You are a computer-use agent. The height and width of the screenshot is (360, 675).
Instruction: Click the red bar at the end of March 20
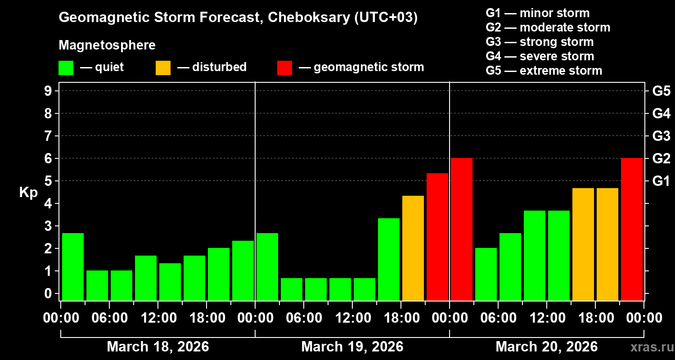click(631, 229)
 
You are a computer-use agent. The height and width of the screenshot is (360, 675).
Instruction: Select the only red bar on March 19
click(437, 237)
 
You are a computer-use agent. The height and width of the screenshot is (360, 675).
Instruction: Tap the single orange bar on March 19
click(413, 248)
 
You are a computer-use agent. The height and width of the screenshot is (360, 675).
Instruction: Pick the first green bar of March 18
click(73, 266)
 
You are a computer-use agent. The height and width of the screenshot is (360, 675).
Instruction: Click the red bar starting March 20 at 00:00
click(462, 229)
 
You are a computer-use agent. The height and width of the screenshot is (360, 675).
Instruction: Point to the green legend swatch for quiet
click(66, 67)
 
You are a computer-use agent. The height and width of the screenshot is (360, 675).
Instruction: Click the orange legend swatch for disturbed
click(163, 67)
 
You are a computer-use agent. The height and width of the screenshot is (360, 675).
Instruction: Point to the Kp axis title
click(28, 193)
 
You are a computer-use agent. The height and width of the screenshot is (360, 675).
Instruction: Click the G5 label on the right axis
click(661, 91)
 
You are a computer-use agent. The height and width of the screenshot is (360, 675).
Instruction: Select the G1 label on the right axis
click(661, 181)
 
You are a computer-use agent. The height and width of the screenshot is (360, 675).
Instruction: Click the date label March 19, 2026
click(352, 347)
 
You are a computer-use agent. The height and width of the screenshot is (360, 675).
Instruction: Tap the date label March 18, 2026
click(157, 347)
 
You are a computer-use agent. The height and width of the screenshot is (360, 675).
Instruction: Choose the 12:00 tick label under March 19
click(353, 318)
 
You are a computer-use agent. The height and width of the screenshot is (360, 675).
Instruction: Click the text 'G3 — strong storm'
click(540, 42)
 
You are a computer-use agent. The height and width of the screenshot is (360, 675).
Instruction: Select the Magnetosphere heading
click(107, 45)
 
